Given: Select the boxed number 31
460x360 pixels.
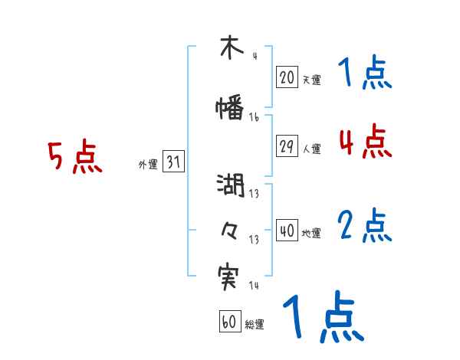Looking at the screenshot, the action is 173,162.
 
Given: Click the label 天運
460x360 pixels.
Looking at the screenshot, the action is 311,80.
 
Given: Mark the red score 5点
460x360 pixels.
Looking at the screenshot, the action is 74,158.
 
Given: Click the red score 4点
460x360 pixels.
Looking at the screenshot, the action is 365,141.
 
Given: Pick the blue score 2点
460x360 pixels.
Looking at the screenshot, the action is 365,226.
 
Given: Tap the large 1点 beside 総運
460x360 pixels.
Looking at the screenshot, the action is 323,317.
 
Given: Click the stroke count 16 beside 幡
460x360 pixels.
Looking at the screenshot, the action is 254,118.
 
